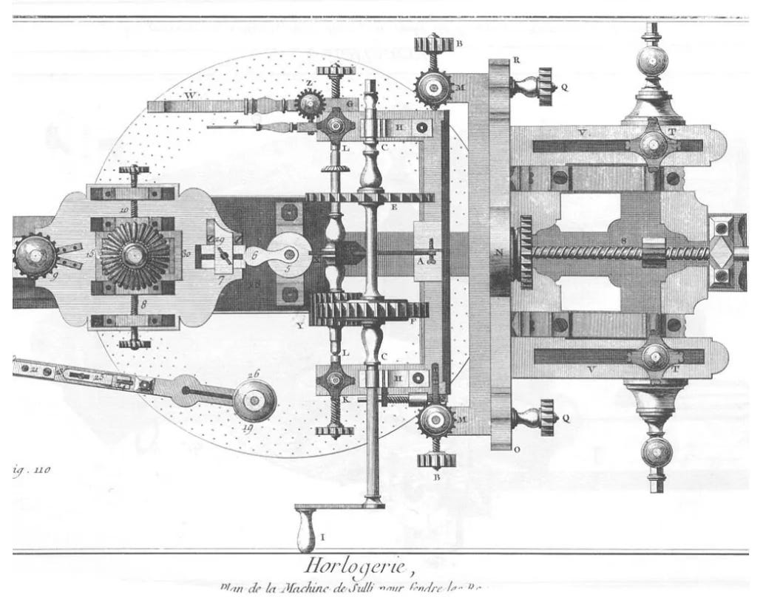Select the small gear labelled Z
(310, 103)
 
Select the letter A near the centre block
(420, 260)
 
